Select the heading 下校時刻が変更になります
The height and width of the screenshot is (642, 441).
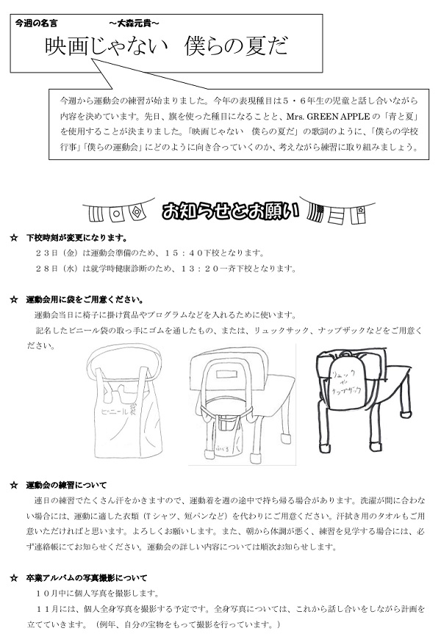76,238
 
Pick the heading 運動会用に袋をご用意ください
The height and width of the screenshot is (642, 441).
85,299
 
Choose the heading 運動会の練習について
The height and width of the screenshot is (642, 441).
66,485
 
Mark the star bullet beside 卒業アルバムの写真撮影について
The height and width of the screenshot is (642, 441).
13,577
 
